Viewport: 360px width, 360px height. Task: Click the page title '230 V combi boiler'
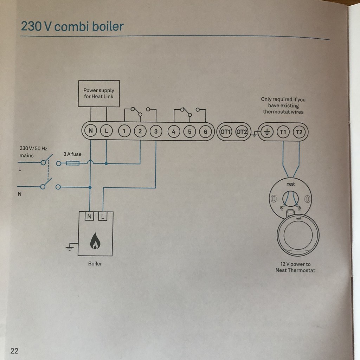click(x=72, y=26)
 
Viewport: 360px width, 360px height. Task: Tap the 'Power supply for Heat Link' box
click(x=99, y=94)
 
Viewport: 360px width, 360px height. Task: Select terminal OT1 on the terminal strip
click(x=225, y=132)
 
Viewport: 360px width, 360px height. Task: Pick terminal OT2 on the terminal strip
click(x=242, y=132)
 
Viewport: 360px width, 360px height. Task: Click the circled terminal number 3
click(x=156, y=131)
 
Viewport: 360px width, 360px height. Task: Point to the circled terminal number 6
click(x=205, y=131)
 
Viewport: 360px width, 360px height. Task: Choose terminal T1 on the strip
click(x=283, y=132)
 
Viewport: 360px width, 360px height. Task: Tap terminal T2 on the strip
click(x=299, y=132)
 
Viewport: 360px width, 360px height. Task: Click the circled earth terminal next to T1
click(x=267, y=132)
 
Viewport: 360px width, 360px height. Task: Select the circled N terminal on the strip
click(x=91, y=131)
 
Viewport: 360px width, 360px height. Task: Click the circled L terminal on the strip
click(x=106, y=131)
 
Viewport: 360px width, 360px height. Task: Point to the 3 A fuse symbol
click(x=73, y=163)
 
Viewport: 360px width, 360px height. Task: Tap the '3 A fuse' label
click(x=72, y=154)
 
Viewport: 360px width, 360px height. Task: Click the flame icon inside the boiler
click(x=95, y=241)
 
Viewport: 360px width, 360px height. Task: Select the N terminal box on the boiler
click(x=89, y=216)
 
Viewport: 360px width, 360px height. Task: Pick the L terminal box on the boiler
click(x=103, y=216)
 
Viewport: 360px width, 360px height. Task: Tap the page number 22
click(x=14, y=351)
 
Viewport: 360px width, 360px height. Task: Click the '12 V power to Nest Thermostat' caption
click(x=295, y=267)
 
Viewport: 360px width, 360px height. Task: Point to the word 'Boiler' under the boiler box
click(x=95, y=264)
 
